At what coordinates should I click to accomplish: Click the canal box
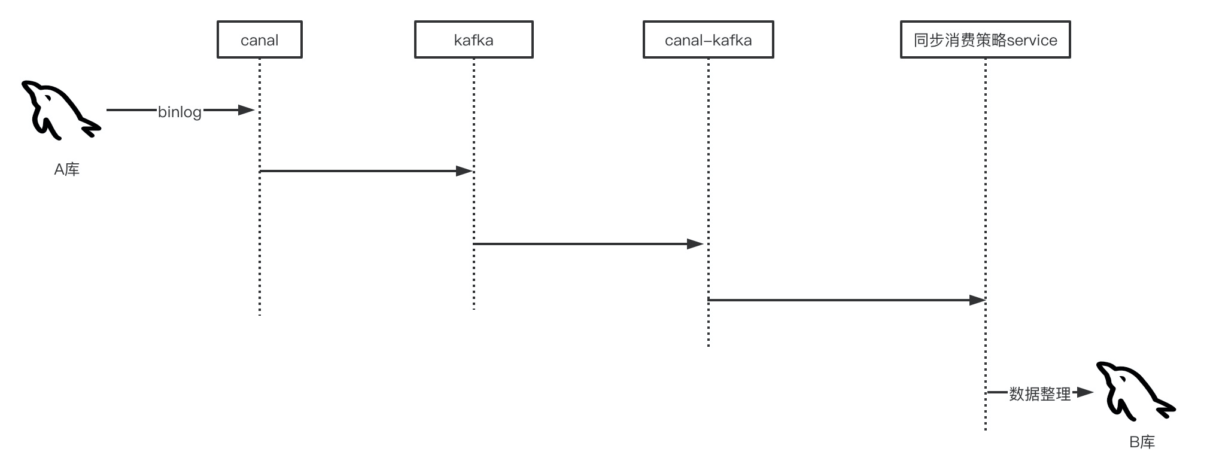tap(259, 40)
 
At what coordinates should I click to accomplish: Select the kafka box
tap(473, 40)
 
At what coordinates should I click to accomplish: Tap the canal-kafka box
tap(708, 40)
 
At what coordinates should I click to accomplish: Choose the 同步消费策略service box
tap(985, 40)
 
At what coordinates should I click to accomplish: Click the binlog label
tap(180, 112)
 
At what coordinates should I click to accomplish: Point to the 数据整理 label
tap(1039, 394)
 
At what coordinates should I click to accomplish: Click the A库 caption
tap(66, 170)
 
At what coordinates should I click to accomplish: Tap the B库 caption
tap(1142, 442)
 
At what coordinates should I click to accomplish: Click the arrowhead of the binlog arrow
tap(247, 110)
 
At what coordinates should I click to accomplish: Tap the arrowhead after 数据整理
tap(1085, 393)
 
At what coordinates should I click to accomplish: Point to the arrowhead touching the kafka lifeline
tap(464, 171)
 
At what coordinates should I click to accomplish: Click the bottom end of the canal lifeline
tap(260, 313)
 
